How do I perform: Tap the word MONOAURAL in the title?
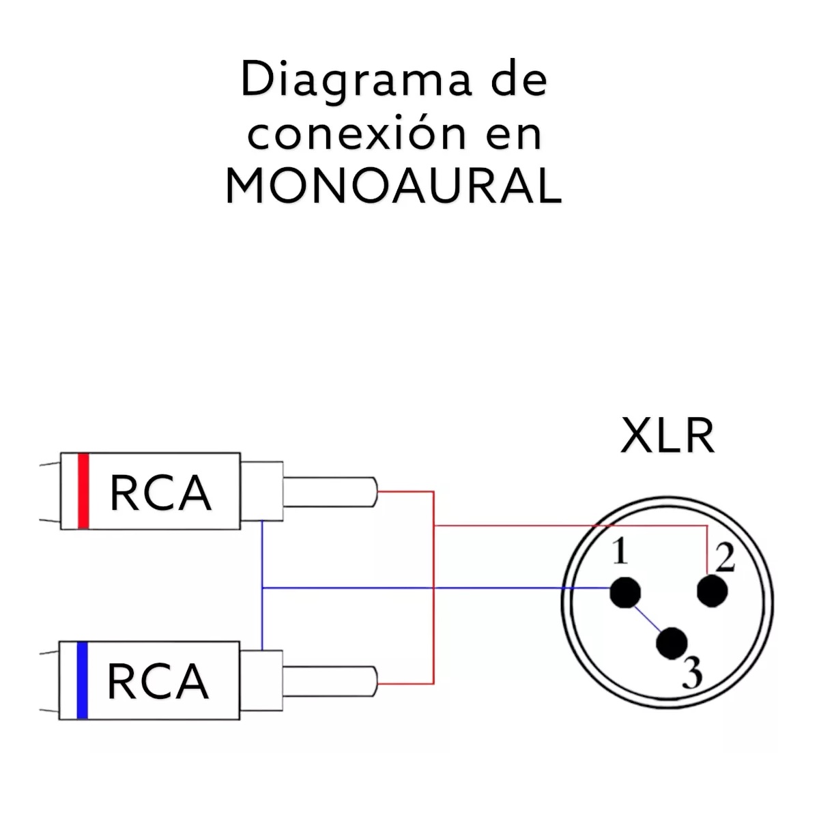tap(394, 186)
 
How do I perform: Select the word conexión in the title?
tap(356, 134)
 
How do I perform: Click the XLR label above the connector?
tap(667, 436)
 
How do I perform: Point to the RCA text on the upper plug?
tap(160, 493)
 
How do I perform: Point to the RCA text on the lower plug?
tap(158, 681)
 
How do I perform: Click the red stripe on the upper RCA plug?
tap(83, 491)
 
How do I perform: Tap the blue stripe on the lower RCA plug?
tap(82, 680)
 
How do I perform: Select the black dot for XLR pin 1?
tap(625, 592)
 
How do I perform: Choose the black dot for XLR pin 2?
tap(713, 591)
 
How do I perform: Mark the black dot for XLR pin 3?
tap(672, 642)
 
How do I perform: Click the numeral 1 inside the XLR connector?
tap(620, 551)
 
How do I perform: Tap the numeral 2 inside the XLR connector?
tap(725, 558)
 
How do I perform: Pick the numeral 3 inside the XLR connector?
tap(692, 674)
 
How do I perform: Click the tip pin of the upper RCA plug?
tap(330, 491)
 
